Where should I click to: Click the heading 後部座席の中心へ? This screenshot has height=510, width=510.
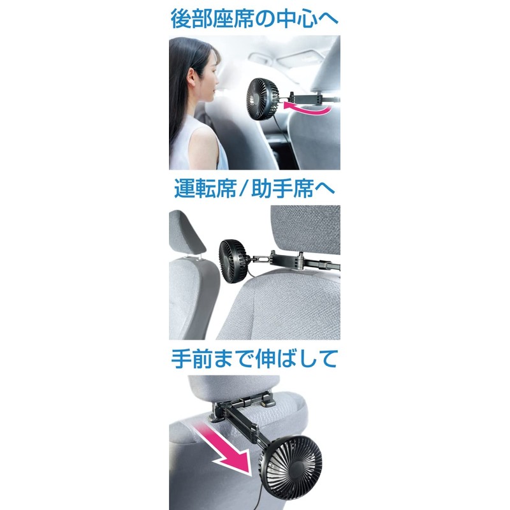[x=254, y=17]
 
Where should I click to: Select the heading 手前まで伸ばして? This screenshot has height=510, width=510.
[x=254, y=360]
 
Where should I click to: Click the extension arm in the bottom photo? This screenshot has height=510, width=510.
[x=245, y=421]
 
